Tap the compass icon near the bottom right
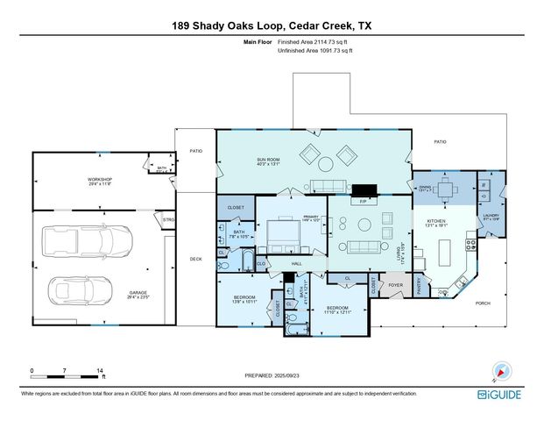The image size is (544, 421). click(500, 369)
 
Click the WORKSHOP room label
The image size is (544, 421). click(99, 180)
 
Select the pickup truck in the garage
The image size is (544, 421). click(110, 239)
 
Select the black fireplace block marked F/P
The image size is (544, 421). click(362, 189)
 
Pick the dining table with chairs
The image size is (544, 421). click(446, 189)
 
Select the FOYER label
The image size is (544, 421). click(396, 285)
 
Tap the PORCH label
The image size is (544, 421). click(507, 303)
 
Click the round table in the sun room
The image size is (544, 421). click(325, 163)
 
